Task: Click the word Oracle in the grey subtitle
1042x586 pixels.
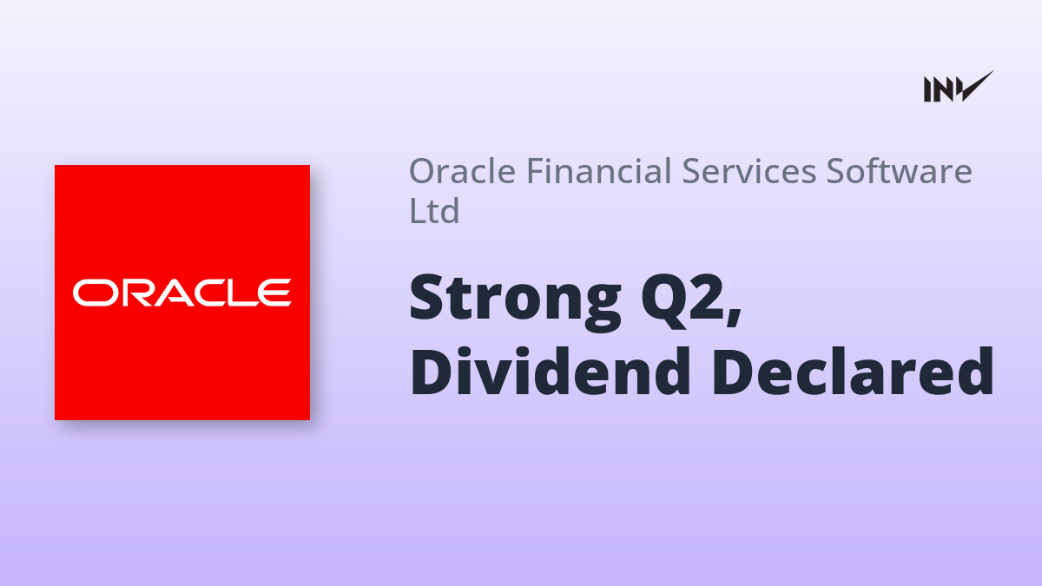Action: (x=462, y=171)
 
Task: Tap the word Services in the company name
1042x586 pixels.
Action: (x=749, y=171)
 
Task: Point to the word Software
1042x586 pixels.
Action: (x=900, y=171)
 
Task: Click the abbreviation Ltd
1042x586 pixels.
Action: (x=434, y=210)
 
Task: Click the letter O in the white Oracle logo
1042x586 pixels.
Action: (x=96, y=293)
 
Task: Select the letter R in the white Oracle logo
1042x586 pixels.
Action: (x=137, y=293)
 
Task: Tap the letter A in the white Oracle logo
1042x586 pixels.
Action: (x=174, y=293)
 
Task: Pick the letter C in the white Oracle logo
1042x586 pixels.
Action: (x=211, y=293)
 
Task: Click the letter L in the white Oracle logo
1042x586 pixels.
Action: (x=246, y=293)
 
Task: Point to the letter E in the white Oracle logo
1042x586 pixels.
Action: (x=275, y=293)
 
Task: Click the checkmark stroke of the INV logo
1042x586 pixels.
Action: (x=976, y=87)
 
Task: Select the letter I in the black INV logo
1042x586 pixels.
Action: (x=928, y=89)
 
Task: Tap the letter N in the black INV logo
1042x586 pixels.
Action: (x=945, y=89)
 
